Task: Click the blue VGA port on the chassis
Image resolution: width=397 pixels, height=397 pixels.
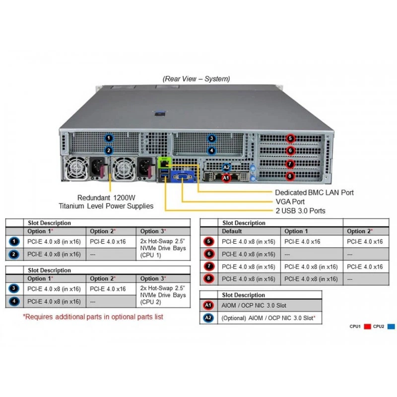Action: click(x=183, y=176)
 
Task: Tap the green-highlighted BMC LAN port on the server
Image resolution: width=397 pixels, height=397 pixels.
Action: click(x=164, y=163)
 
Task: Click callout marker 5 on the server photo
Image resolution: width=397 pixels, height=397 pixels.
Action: click(x=290, y=138)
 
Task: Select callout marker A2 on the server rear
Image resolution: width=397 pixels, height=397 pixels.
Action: click(x=226, y=167)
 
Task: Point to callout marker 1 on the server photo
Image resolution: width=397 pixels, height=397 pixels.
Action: click(x=109, y=138)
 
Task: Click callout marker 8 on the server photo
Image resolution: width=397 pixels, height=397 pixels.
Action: click(x=290, y=176)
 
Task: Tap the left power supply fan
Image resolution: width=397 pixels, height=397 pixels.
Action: click(x=75, y=168)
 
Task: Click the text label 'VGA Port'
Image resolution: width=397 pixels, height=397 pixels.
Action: click(x=290, y=202)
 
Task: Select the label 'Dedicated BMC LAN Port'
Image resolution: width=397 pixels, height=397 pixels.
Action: click(x=314, y=193)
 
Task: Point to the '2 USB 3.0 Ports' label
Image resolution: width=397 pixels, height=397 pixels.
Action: click(x=300, y=211)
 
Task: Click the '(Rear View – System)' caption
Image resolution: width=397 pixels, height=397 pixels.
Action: click(x=196, y=79)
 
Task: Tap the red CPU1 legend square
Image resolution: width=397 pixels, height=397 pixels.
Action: click(x=367, y=327)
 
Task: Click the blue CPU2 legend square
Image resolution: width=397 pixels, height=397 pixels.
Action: click(x=391, y=327)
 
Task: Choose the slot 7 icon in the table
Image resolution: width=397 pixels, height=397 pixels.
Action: click(x=209, y=266)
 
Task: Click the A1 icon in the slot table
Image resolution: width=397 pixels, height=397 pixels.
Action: click(x=208, y=305)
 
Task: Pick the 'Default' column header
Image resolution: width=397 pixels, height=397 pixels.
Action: click(x=232, y=231)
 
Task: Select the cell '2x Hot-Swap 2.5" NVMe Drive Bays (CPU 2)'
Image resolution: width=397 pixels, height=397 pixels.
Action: click(x=163, y=295)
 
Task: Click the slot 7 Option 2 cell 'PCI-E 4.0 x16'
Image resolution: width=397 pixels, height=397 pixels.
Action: click(x=365, y=266)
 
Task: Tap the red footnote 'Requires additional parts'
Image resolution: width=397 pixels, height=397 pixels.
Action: click(x=93, y=317)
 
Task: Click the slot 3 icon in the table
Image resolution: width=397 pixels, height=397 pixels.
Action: click(x=14, y=288)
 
